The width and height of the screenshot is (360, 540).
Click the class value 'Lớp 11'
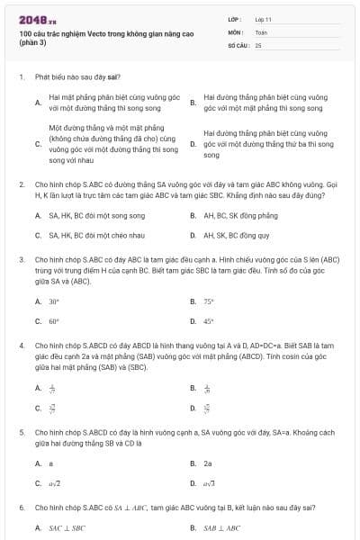264,18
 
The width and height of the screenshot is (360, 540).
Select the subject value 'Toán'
261,31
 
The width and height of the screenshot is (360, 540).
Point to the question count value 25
258,44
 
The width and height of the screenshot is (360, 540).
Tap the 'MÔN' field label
236,31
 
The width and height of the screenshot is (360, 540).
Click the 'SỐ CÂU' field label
238,44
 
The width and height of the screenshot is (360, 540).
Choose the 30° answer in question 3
54,302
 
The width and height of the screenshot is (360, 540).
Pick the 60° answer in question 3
54,321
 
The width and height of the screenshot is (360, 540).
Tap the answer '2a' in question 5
208,463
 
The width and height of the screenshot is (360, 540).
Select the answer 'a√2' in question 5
55,483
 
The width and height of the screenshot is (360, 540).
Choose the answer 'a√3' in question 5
210,483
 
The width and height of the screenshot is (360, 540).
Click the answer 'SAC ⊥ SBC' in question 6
67,528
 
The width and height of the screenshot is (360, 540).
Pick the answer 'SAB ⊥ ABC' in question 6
221,528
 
